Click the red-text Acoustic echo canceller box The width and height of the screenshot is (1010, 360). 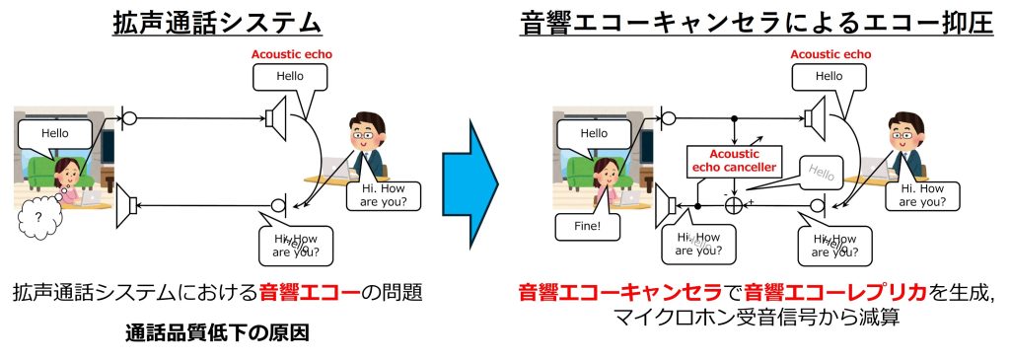click(x=733, y=160)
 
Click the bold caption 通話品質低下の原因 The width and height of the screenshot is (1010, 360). click(x=217, y=331)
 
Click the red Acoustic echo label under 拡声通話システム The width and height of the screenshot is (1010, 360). click(x=285, y=53)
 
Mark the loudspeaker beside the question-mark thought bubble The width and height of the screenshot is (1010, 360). click(x=126, y=206)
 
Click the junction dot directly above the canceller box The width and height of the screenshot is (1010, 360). click(x=734, y=119)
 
